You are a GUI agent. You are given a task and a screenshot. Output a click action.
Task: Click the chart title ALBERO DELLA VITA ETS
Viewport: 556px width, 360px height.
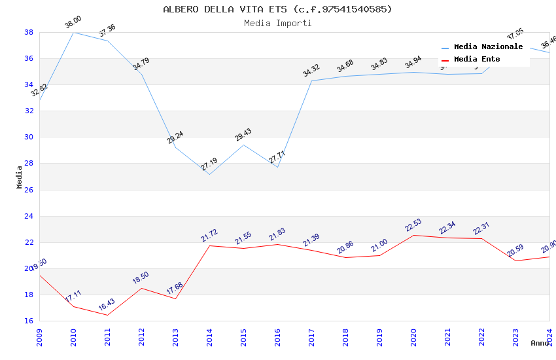point(277,9)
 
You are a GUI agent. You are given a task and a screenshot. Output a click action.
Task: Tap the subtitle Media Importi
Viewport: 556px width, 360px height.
point(277,23)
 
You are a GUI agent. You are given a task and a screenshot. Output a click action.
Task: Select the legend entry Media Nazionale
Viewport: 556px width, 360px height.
point(488,47)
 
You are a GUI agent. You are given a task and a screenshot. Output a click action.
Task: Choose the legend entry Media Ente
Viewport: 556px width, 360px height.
point(477,60)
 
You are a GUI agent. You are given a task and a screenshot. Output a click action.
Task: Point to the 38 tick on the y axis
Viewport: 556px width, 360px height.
point(29,32)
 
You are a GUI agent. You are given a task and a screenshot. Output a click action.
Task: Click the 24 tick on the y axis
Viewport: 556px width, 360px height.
point(29,216)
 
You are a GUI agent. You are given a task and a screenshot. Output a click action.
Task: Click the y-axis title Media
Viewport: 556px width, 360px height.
point(20,177)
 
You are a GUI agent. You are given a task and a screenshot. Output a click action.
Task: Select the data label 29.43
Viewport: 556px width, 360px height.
point(243,135)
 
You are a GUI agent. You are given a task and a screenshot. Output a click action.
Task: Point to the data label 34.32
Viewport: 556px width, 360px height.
point(311,71)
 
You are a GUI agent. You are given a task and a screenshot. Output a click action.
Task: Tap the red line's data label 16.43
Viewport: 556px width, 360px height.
point(107,305)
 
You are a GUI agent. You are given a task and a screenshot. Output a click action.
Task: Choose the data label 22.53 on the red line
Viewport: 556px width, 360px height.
point(413,225)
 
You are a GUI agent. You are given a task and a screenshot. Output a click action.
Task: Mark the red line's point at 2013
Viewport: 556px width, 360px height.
point(175,298)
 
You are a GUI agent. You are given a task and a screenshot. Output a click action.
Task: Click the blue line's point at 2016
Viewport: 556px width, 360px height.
point(277,167)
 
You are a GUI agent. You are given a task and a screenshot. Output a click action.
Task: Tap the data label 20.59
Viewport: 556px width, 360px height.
point(515,251)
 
